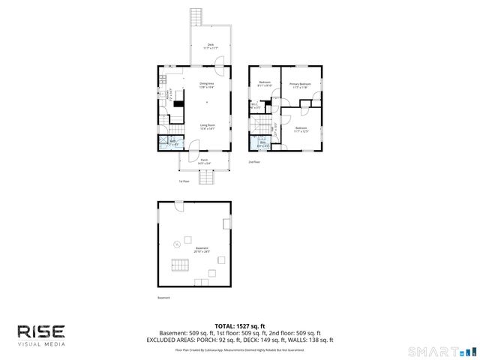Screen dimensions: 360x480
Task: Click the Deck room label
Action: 210,46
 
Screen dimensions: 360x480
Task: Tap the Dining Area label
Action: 207,85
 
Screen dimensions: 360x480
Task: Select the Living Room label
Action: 207,127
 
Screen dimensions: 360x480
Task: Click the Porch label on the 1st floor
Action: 204,160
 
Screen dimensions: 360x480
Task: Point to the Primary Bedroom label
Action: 300,85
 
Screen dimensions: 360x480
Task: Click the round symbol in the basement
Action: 177,244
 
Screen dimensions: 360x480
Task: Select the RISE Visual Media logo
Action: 41,334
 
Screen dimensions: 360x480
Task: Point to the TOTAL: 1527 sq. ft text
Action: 239,325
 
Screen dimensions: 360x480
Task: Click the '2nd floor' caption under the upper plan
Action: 255,161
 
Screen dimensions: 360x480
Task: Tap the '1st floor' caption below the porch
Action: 183,181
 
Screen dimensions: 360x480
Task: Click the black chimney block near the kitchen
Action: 178,104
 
